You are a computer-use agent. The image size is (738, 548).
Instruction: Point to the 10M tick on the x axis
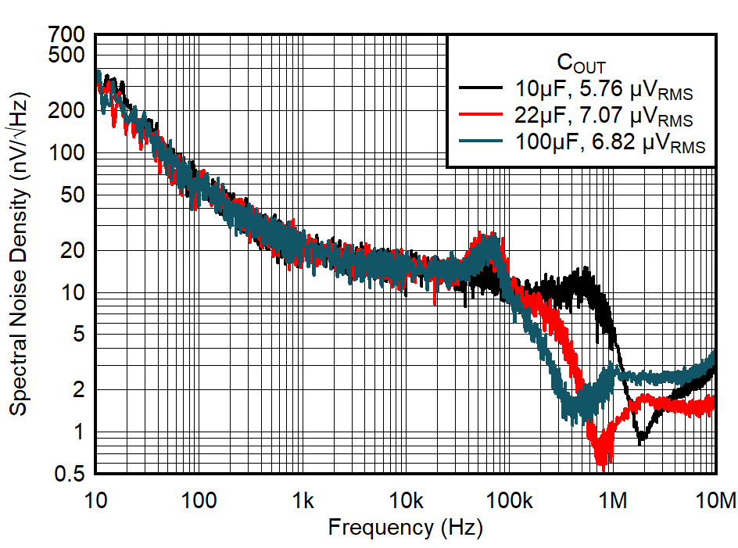click(x=716, y=500)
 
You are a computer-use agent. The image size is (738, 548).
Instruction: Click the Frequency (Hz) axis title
click(x=405, y=528)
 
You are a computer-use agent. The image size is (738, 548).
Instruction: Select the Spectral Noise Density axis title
click(x=20, y=254)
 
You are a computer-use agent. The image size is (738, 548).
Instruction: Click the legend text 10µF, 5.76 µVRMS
click(x=603, y=90)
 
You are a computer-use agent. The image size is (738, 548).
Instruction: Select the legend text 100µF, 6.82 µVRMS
click(x=609, y=144)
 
